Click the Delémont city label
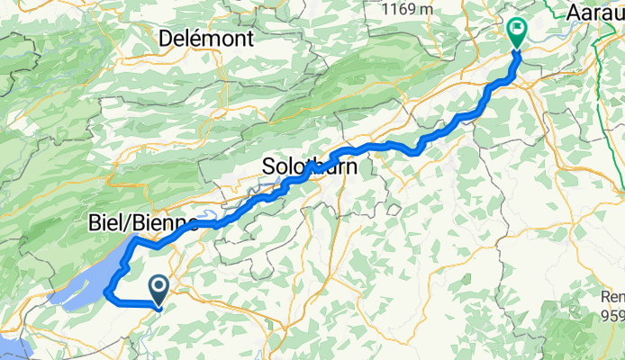pos(206,38)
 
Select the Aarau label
pos(596,13)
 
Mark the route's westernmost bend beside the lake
pos(107,292)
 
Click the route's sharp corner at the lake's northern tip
pos(133,240)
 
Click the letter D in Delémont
pos(167,38)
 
